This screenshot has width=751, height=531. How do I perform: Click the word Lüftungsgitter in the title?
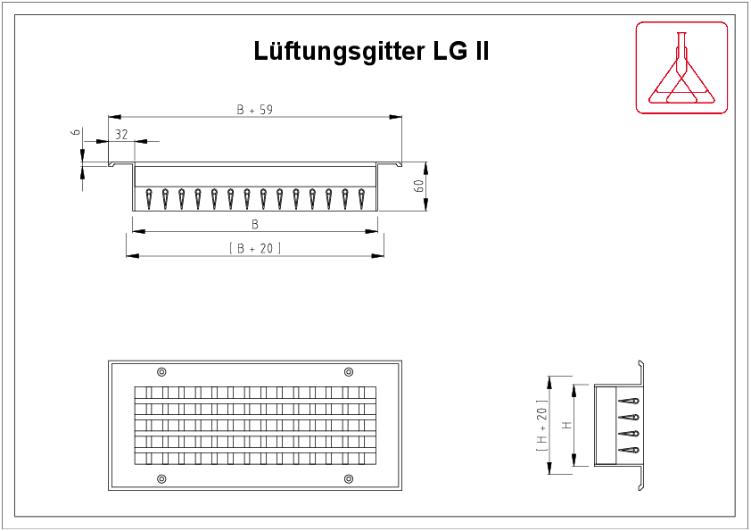339,51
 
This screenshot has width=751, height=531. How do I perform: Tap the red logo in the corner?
681,68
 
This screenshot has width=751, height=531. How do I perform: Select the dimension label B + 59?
255,110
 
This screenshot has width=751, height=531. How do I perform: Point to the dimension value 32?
121,135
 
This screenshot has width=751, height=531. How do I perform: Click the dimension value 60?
418,186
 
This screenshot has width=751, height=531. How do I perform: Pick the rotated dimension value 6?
76,132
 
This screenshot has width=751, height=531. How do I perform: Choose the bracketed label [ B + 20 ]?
255,248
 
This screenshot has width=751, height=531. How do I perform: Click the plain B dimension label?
255,224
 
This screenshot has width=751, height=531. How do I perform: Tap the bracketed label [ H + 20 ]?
541,425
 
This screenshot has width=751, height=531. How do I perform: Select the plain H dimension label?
567,425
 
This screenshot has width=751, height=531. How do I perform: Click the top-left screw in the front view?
162,372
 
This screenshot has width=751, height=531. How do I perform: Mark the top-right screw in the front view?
349,372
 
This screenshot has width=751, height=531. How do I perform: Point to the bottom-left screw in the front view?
162,478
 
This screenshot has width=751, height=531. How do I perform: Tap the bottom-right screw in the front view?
349,478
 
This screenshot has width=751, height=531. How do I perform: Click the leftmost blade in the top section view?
149,198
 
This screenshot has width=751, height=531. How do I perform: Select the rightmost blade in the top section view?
361,198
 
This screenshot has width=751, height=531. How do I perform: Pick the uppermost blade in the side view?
629,401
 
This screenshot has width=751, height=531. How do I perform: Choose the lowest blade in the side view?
629,450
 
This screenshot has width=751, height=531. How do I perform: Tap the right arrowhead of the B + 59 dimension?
396,117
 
